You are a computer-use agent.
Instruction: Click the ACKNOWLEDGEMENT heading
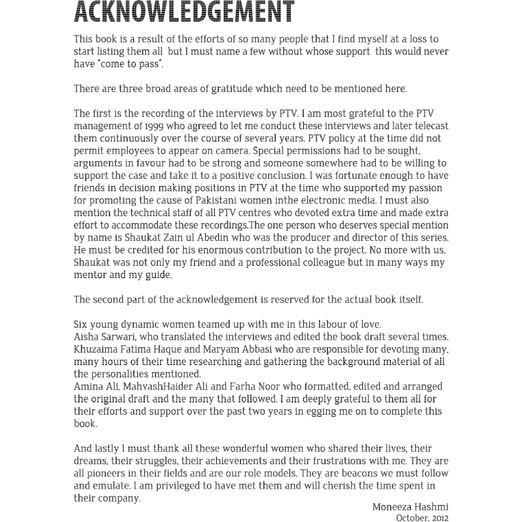pyautogui.click(x=184, y=12)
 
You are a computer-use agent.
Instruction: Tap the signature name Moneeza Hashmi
pyautogui.click(x=410, y=507)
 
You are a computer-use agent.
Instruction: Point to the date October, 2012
pyautogui.click(x=422, y=518)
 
